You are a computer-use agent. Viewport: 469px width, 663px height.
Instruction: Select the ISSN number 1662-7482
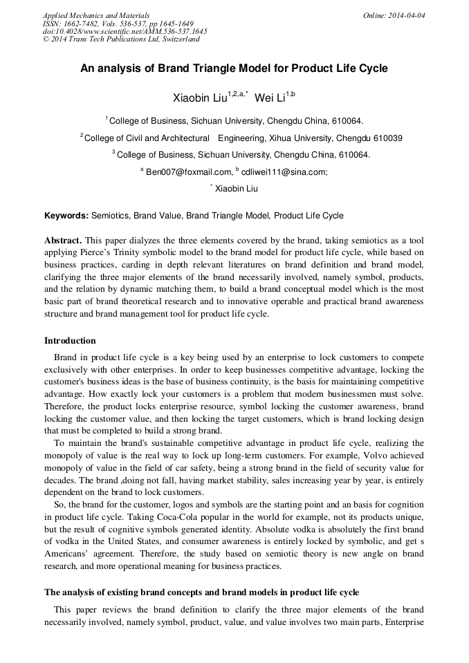click(x=82, y=23)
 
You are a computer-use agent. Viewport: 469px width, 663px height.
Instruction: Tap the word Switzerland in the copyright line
click(x=176, y=39)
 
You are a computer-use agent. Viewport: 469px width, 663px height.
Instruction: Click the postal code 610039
click(x=388, y=138)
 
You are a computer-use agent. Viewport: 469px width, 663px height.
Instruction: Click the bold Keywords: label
click(x=66, y=216)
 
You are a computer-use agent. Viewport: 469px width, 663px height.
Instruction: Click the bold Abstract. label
click(x=64, y=240)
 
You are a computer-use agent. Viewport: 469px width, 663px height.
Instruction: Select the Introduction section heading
click(x=70, y=341)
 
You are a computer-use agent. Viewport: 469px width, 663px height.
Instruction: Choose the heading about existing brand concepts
click(x=201, y=592)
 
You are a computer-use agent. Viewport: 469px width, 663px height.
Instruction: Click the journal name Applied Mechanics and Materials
click(x=96, y=15)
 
